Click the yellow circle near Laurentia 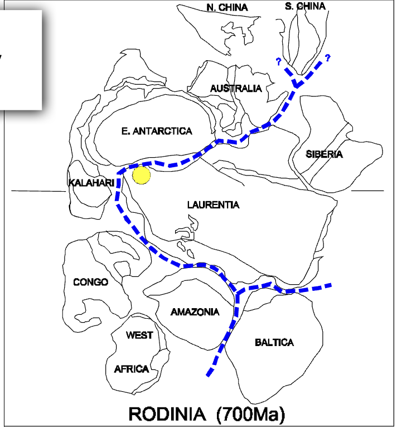coord(142,175)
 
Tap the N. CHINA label coord(227,7)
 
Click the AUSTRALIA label coord(235,88)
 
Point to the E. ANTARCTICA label coord(156,131)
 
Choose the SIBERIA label coord(324,154)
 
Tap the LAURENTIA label coord(213,205)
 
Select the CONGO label coord(90,282)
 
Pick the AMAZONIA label coord(195,312)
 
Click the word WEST coord(139,335)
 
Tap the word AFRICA coord(132,369)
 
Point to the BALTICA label coord(274,342)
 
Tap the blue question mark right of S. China coord(327,57)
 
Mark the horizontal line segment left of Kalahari coord(38,191)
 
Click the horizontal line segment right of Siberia coord(367,191)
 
